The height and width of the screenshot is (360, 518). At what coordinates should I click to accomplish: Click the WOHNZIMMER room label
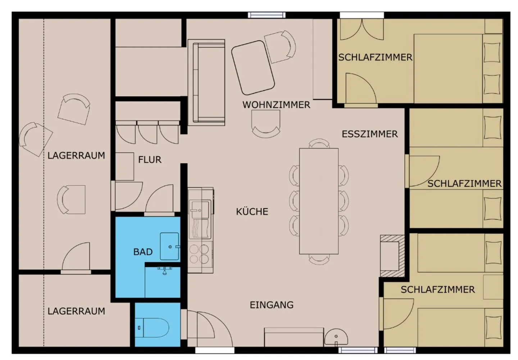[276, 105]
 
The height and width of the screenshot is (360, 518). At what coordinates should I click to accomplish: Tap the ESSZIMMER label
[370, 134]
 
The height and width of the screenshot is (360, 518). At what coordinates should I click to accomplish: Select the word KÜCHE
[252, 211]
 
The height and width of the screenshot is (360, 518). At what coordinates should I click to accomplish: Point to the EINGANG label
[272, 305]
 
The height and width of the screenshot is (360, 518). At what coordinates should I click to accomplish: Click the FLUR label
[150, 160]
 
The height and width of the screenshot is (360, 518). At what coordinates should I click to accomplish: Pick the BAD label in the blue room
[143, 252]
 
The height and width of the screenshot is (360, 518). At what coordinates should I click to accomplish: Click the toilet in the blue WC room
[152, 328]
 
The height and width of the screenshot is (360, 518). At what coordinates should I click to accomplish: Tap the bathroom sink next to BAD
[170, 246]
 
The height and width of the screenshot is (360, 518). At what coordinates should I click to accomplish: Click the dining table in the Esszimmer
[319, 201]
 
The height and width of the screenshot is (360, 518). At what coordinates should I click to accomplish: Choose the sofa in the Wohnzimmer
[206, 82]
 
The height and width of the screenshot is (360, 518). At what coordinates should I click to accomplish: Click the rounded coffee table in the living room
[253, 68]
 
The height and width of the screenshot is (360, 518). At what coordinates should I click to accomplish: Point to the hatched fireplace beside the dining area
[392, 256]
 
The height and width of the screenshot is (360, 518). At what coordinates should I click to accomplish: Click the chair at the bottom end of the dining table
[319, 259]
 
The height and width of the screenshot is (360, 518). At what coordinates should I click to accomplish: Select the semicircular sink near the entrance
[336, 338]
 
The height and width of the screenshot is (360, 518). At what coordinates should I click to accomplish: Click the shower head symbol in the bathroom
[164, 270]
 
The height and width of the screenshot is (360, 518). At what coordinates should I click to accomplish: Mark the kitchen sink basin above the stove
[199, 210]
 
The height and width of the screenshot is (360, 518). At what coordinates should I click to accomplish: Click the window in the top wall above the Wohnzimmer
[267, 15]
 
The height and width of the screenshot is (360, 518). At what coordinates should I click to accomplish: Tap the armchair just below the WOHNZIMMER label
[266, 124]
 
